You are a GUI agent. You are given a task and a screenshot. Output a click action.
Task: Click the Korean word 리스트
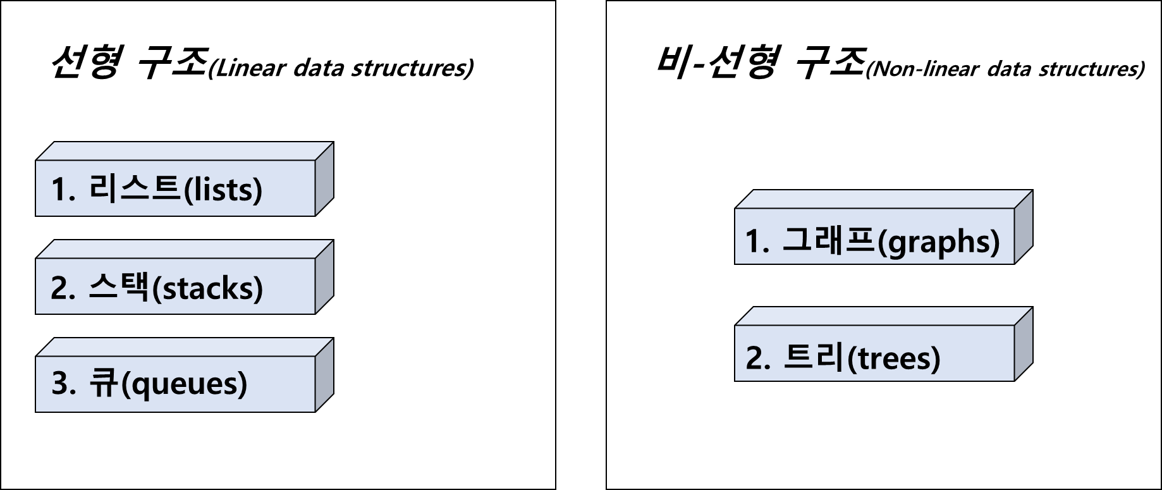coord(134,188)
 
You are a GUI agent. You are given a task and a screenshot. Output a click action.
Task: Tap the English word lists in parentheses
coord(222,190)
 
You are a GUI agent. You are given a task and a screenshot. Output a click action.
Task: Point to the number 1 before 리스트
coord(59,190)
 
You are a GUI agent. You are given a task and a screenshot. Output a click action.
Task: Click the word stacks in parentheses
coord(208,288)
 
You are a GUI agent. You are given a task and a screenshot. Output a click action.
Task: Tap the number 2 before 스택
coord(59,288)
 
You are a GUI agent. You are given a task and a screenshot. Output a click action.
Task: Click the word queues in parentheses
coord(183,384)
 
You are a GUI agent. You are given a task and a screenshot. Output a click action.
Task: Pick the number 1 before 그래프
coord(754,242)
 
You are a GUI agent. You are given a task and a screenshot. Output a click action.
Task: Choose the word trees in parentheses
coord(893,358)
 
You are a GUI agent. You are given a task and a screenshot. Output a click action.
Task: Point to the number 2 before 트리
coord(755,358)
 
